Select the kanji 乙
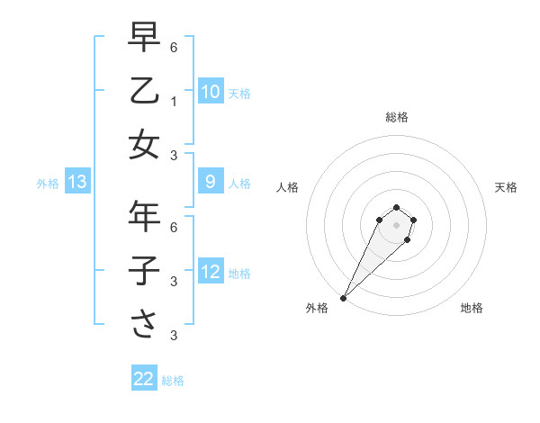click(144, 90)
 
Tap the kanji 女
click(144, 145)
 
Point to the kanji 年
click(144, 216)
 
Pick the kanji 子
click(144, 271)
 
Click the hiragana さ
click(144, 324)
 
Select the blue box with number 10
click(210, 92)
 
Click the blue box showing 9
click(210, 183)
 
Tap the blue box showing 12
click(210, 273)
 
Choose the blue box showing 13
click(77, 183)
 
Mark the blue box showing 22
click(144, 379)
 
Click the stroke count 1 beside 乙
click(174, 100)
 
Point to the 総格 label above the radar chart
click(396, 117)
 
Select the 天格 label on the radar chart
click(507, 187)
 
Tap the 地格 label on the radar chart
click(472, 308)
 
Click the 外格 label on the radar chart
click(317, 308)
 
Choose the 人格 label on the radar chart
click(287, 187)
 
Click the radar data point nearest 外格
click(343, 298)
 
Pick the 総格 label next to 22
click(173, 381)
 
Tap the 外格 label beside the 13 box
click(48, 184)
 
